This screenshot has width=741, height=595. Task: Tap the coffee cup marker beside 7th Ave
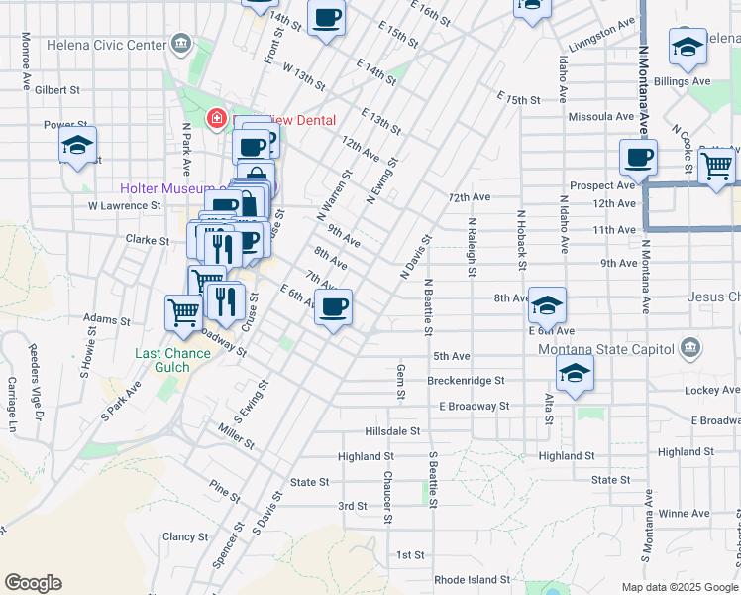click(x=334, y=307)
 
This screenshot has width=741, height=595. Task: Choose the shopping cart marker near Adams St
click(x=184, y=312)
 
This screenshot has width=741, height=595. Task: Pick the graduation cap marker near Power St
click(x=77, y=145)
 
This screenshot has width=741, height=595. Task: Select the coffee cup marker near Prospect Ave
click(x=638, y=157)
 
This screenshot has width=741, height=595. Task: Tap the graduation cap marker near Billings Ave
click(x=687, y=47)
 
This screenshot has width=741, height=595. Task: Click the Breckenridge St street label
click(x=466, y=380)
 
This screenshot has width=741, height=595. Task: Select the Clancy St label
click(x=185, y=536)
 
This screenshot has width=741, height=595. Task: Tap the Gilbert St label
click(x=57, y=89)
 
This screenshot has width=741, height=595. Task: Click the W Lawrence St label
click(x=124, y=206)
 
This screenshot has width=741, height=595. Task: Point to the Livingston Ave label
click(x=600, y=33)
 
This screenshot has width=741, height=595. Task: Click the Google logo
click(x=33, y=583)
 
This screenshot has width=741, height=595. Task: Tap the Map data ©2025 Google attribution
click(x=679, y=587)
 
